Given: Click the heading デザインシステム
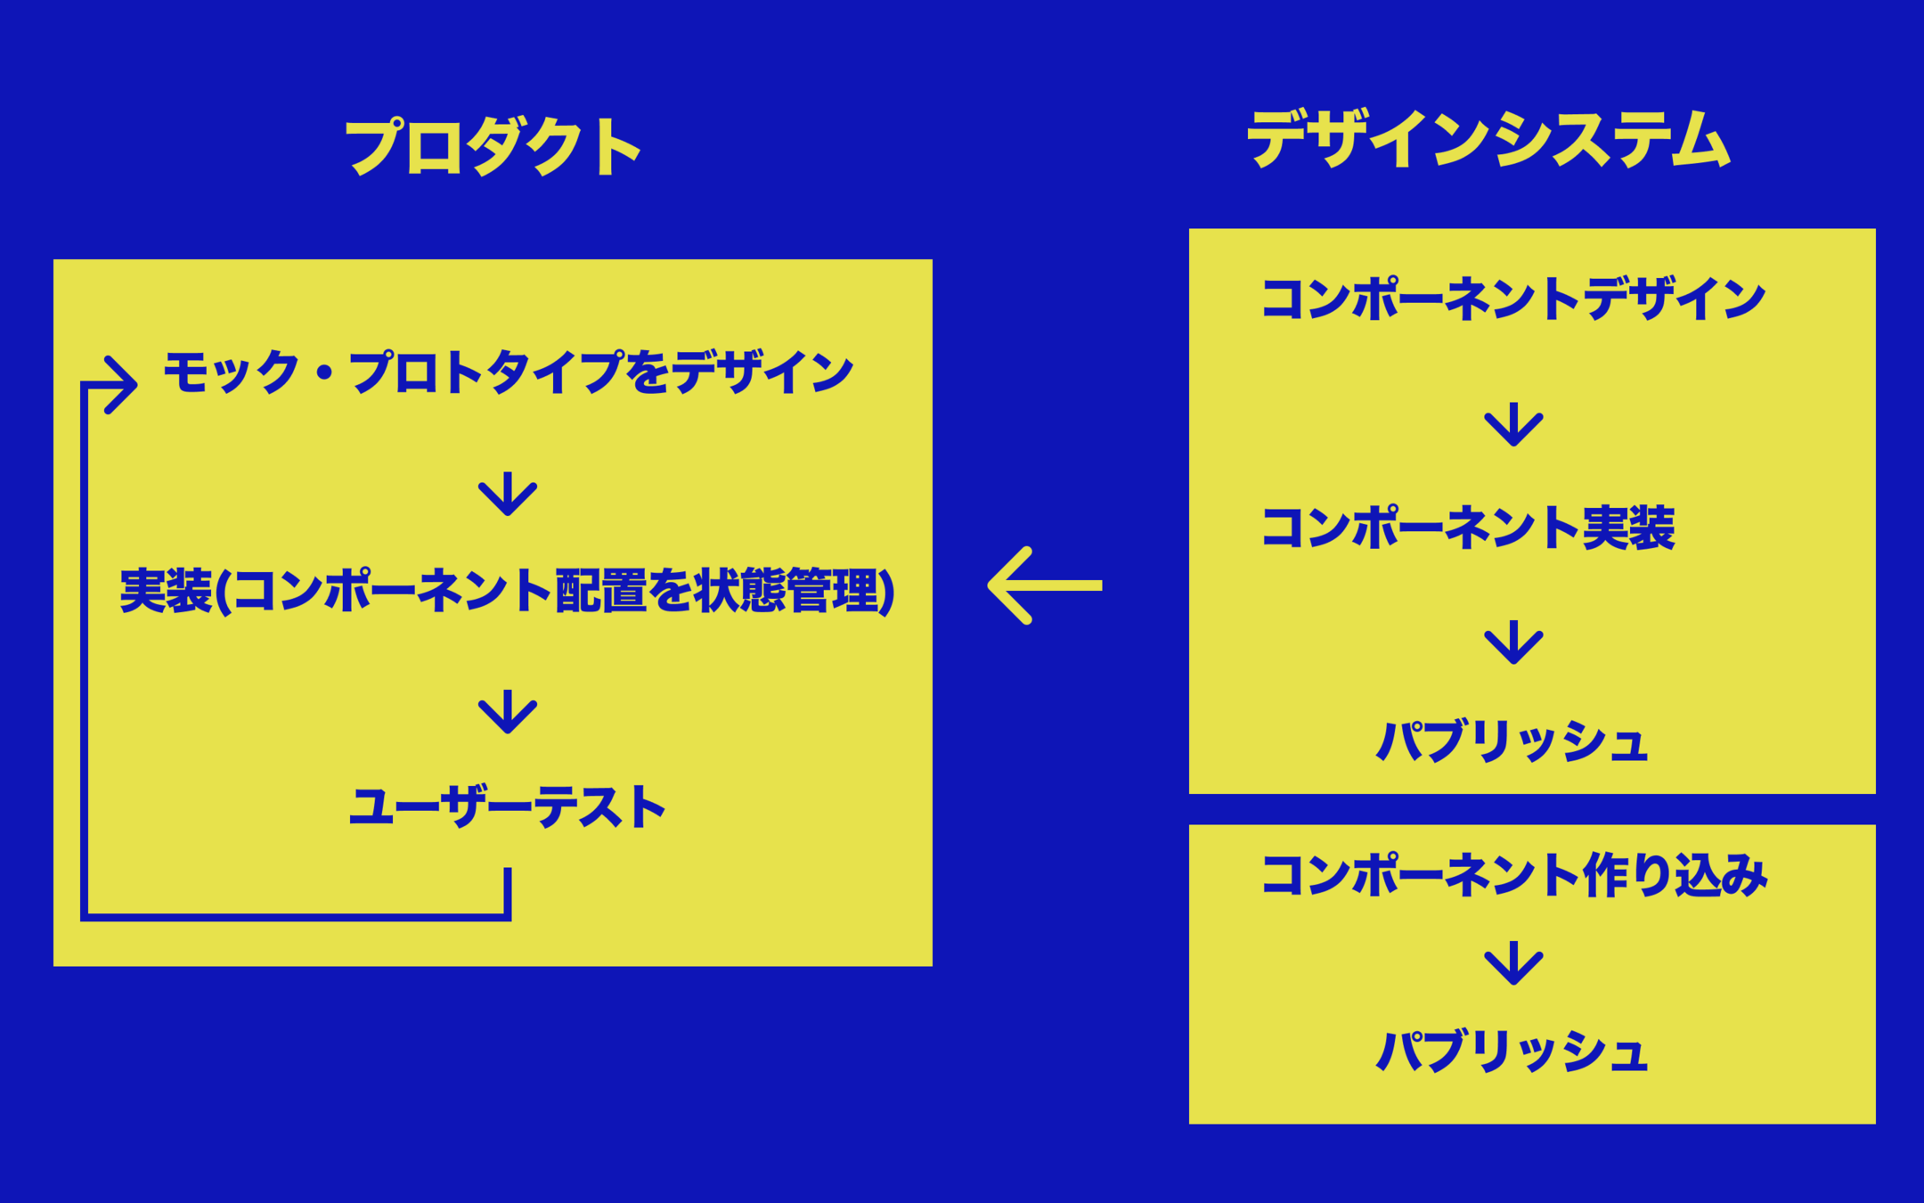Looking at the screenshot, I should pos(1488,140).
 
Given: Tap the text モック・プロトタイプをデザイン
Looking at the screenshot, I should pos(508,372).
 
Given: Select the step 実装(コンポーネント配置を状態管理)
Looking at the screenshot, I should pos(507,591).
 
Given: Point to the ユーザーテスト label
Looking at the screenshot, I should pos(507,807).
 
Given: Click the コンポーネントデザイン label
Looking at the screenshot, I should pos(1512,299).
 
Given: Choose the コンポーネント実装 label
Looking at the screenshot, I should pos(1468,528).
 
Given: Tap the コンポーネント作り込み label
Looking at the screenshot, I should pos(1513,875).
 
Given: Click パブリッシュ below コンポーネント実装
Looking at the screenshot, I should pos(1512,741).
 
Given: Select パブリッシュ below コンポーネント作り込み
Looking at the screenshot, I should pos(1512,1052).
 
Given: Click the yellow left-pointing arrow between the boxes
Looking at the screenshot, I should pos(1045,585).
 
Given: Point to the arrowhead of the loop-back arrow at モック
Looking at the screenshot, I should pos(123,384).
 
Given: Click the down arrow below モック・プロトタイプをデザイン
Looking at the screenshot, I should pos(508,494).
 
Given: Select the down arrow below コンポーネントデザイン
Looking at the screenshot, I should pos(1513,425).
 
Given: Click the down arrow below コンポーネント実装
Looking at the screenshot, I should pos(1513,642).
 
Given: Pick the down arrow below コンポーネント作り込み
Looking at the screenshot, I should pos(1513,963).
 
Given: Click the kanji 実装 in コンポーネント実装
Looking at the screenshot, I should pos(1628,528).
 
